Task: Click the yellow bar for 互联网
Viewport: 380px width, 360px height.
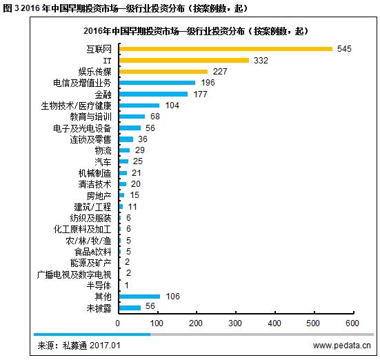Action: pos(226,49)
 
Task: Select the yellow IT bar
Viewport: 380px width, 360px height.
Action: pos(184,61)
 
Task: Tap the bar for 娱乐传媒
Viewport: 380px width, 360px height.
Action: pos(163,72)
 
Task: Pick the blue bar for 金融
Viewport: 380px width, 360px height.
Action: pos(154,94)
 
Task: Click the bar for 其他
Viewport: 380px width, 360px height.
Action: pos(140,297)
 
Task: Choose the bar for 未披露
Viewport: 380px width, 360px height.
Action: pos(130,308)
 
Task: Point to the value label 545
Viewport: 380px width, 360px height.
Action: pos(344,49)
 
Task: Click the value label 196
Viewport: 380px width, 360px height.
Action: pos(208,83)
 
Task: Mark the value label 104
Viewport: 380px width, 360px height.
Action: pos(172,106)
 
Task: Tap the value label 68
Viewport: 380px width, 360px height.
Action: pos(155,117)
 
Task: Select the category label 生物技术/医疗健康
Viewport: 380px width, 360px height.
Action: pos(76,106)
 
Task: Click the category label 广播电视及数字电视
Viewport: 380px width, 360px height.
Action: pos(74,274)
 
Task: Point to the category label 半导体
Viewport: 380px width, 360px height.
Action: pos(99,286)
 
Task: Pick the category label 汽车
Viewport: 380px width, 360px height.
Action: pos(103,161)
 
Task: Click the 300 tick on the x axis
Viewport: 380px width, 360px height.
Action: pos(235,323)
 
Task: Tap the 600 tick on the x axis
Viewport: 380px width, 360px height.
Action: pos(352,323)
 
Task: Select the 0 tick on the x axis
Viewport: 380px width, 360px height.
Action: pos(117,323)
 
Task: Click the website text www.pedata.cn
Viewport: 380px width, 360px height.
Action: pos(341,346)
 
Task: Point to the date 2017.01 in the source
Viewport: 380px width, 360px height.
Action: pos(105,346)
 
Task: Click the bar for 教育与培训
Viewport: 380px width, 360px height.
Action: pos(132,117)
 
